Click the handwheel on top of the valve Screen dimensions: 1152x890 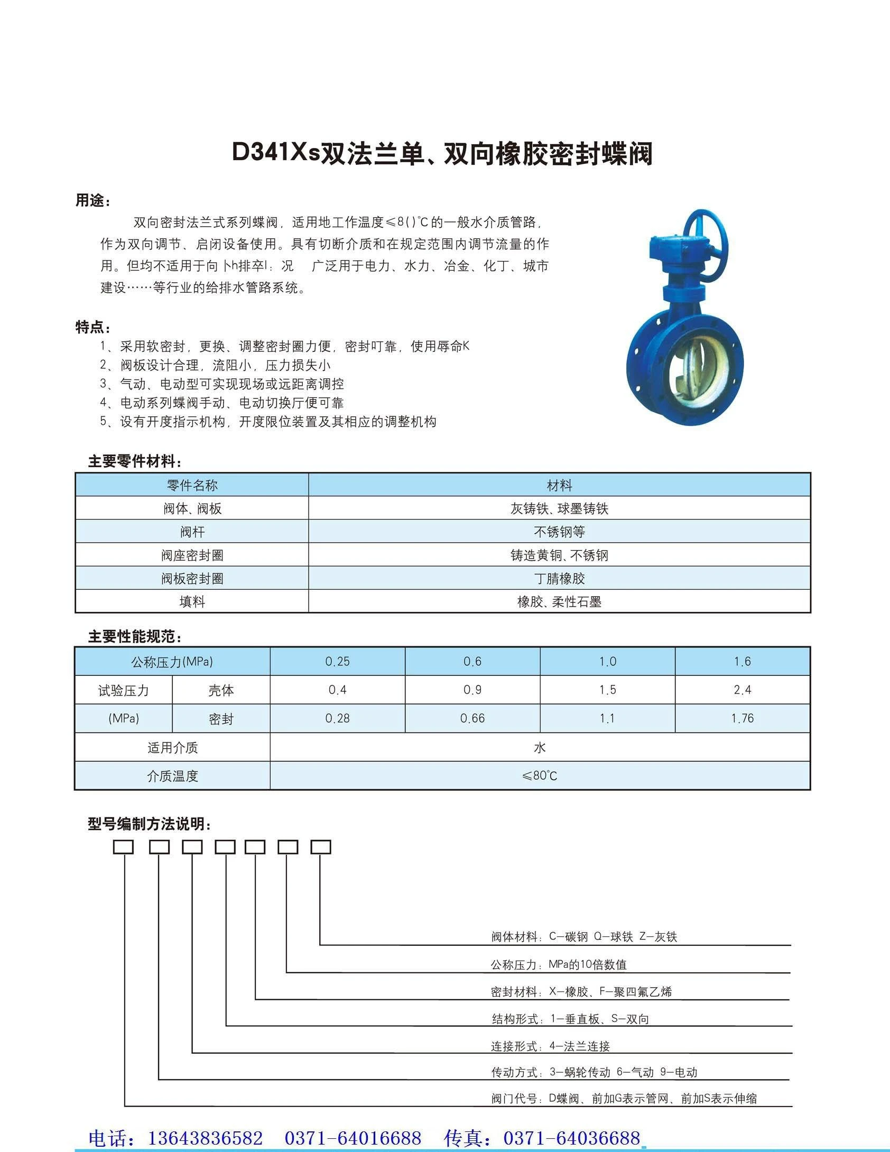coord(706,241)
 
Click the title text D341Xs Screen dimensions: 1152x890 coord(276,153)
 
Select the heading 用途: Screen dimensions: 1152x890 coord(93,201)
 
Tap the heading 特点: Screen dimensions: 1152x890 coord(93,327)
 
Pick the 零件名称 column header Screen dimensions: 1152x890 coord(192,485)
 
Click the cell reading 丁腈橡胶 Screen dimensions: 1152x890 coord(559,579)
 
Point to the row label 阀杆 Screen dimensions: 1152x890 coord(192,532)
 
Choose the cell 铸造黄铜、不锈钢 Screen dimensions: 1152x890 coord(559,555)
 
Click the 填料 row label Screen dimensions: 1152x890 coord(192,602)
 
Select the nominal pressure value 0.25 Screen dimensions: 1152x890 coord(337,662)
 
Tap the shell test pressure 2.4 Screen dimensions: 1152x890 coord(742,690)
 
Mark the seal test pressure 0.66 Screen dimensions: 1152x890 coord(472,719)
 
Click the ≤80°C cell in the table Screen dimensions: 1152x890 coord(540,776)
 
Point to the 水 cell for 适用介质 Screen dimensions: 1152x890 coord(540,747)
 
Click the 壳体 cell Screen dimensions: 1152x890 coord(221,690)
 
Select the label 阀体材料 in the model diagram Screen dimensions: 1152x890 coord(514,937)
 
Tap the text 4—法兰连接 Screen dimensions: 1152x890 coord(580,1046)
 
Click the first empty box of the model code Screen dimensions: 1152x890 coord(124,847)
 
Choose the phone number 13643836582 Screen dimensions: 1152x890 coord(206,1137)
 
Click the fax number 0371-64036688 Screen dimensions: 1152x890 coord(572,1137)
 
